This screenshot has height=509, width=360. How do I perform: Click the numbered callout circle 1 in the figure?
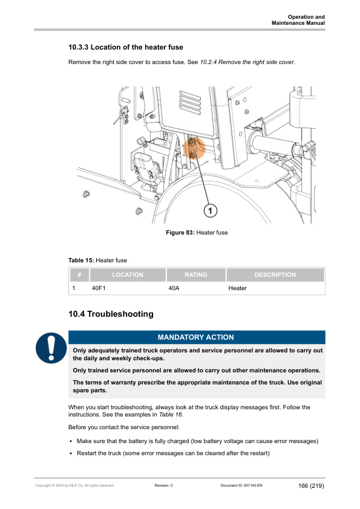pyautogui.click(x=209, y=210)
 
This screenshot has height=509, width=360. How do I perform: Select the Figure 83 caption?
pyautogui.click(x=197, y=233)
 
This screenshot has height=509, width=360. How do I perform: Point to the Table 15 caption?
pyautogui.click(x=97, y=260)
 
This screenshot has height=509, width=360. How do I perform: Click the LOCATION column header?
pyautogui.click(x=128, y=275)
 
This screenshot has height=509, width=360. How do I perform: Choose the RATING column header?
pyautogui.click(x=195, y=275)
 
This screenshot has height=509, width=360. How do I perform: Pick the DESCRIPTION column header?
pyautogui.click(x=275, y=275)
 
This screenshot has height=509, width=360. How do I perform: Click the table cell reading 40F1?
pyautogui.click(x=99, y=288)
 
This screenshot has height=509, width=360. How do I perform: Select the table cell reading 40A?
pyautogui.click(x=174, y=288)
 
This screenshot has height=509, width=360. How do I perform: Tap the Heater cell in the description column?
pyautogui.click(x=237, y=288)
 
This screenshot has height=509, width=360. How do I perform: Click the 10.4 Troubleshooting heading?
pyautogui.click(x=111, y=314)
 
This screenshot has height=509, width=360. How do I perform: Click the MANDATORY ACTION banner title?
pyautogui.click(x=195, y=337)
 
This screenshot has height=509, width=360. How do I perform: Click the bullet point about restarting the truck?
pyautogui.click(x=172, y=453)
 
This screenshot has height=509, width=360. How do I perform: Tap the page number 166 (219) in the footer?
pyautogui.click(x=311, y=486)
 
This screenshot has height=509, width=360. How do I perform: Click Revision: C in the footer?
pyautogui.click(x=164, y=486)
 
